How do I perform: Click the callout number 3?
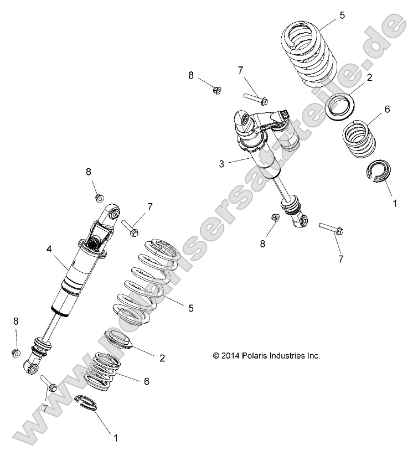coord(221,164)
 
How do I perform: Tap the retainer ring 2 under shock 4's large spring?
coord(120,339)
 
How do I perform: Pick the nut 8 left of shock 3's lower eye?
coord(275,217)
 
